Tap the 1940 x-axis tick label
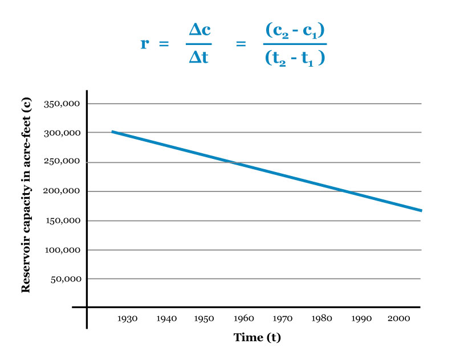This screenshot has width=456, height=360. pos(166,320)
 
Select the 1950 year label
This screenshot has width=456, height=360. pos(204,320)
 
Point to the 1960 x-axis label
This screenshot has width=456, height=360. pos(243,320)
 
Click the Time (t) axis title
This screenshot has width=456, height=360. pos(257,337)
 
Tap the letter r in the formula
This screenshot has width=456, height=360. pos(145,44)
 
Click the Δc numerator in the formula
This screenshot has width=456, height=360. pos(198,32)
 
